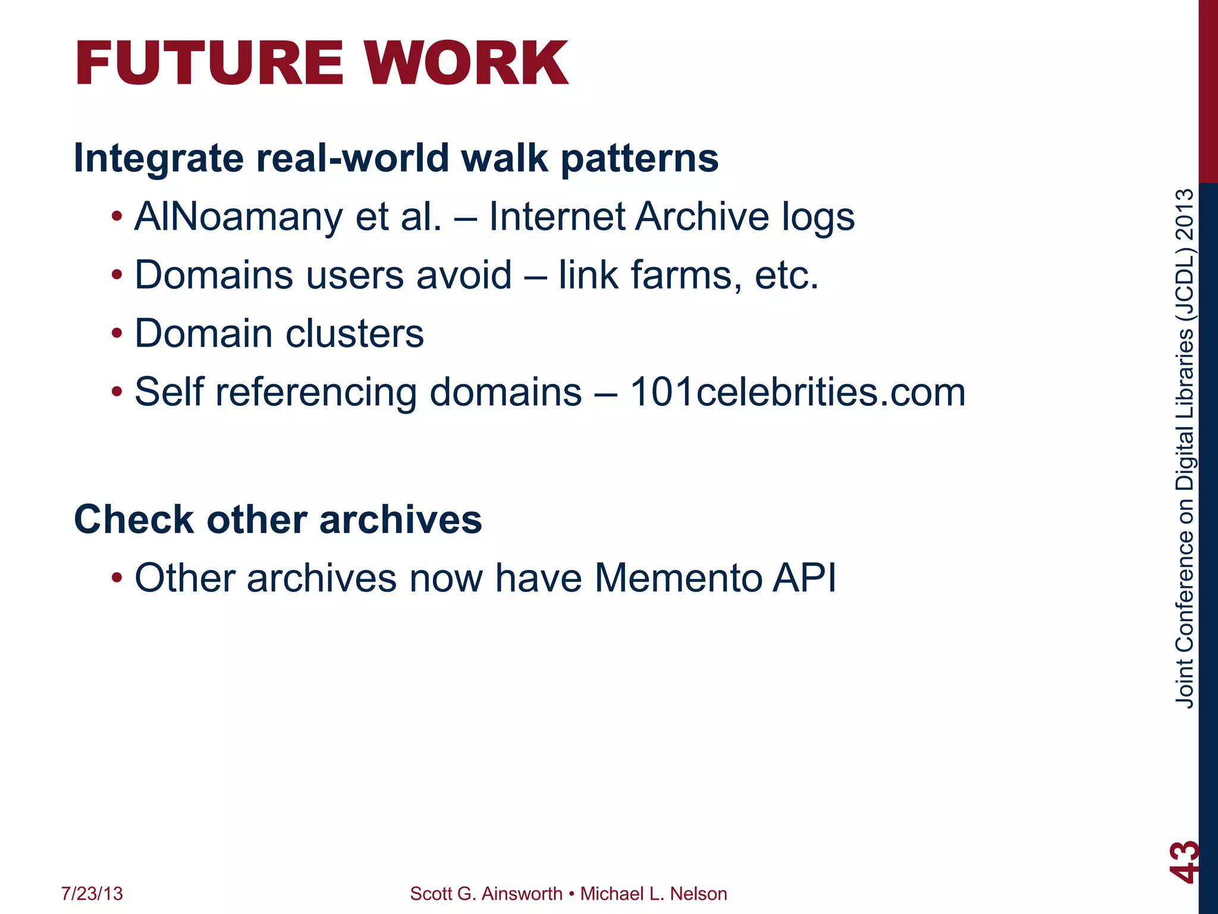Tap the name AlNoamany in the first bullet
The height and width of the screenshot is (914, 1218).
click(x=238, y=216)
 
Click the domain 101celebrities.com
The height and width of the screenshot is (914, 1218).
click(x=798, y=392)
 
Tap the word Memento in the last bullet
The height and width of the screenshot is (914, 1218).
click(x=678, y=578)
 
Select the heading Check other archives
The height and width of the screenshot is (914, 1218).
click(x=278, y=519)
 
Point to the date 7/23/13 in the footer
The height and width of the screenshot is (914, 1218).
click(x=92, y=894)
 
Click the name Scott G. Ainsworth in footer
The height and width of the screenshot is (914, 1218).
click(x=486, y=894)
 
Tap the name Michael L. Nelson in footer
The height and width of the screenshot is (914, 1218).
click(x=654, y=894)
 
